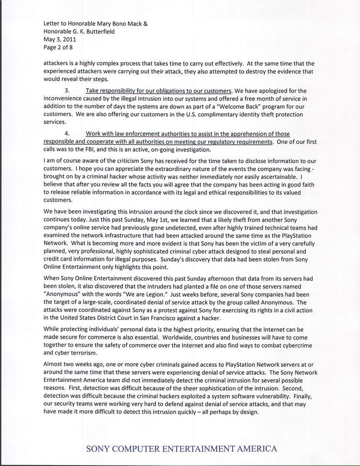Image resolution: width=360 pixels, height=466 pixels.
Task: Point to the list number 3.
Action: (67, 91)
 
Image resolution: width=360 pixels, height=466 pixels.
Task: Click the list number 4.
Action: (67, 134)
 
